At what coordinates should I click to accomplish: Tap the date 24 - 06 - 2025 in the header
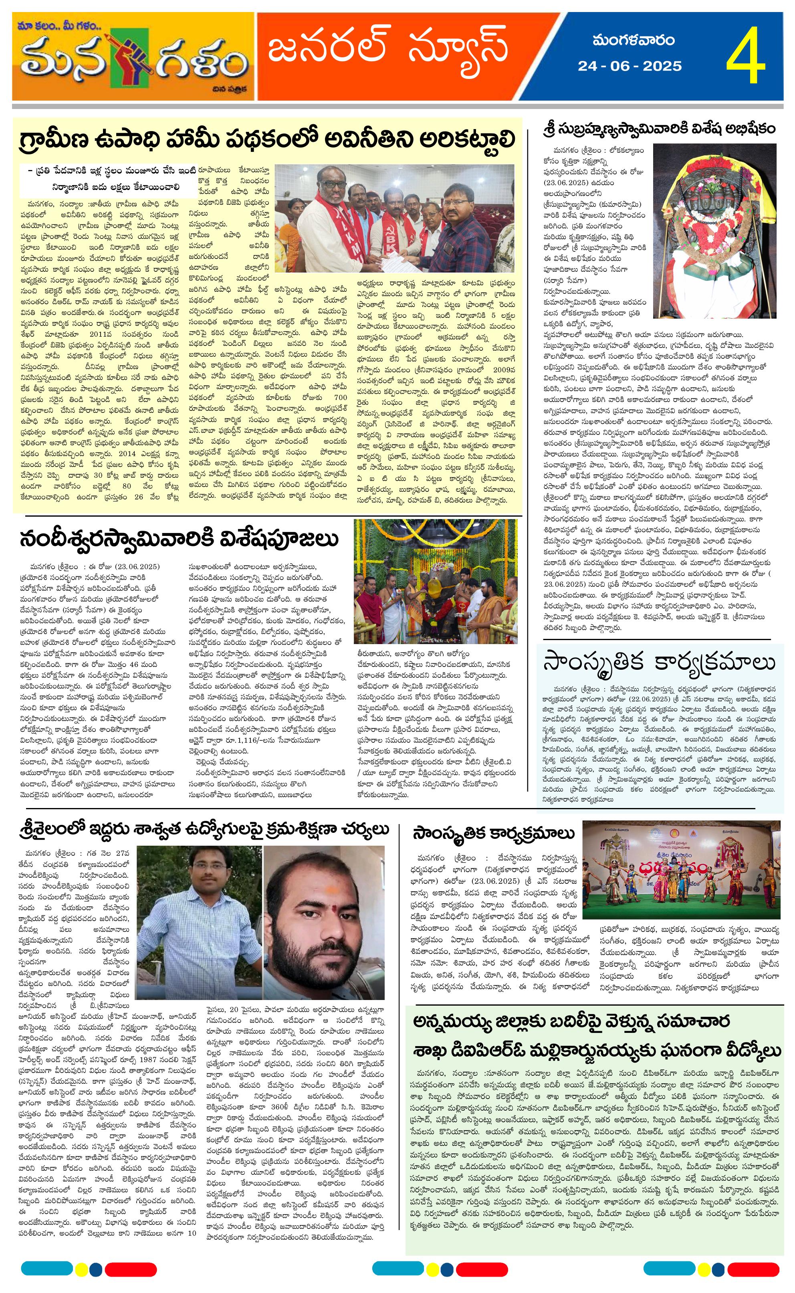[630, 66]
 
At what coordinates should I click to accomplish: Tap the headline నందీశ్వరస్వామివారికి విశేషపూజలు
[179, 539]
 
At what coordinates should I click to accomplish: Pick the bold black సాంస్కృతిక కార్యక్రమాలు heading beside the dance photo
[493, 833]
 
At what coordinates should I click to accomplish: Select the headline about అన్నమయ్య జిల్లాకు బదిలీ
[597, 1036]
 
